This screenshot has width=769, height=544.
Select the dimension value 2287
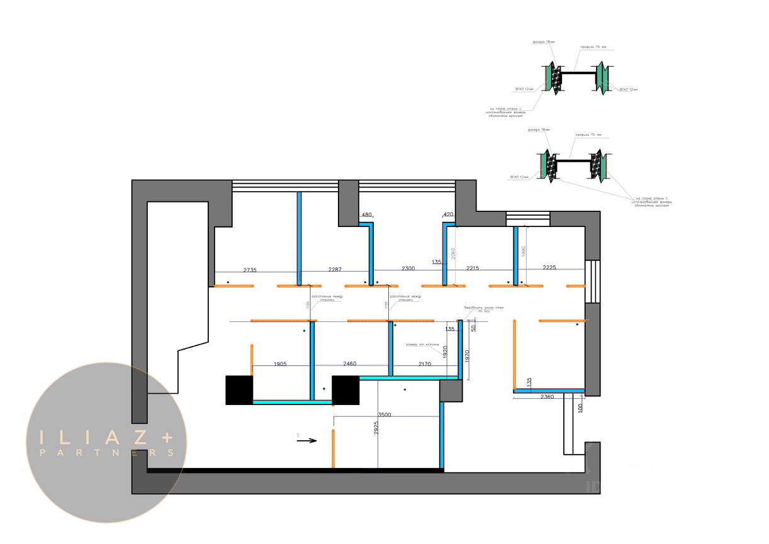click(x=335, y=269)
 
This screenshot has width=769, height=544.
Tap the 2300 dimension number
click(x=408, y=269)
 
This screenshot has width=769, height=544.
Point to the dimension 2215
click(x=473, y=269)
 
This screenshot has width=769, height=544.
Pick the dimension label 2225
click(x=549, y=268)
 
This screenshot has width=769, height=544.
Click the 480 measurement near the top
click(x=366, y=215)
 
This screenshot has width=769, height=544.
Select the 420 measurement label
click(x=448, y=215)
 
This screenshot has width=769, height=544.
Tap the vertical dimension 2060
click(x=452, y=254)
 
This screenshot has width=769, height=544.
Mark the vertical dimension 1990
click(x=523, y=251)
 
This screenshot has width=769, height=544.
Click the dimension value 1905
click(x=284, y=364)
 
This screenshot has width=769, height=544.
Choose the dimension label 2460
click(x=350, y=364)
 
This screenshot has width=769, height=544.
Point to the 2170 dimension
click(x=425, y=364)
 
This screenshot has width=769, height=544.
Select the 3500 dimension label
click(x=385, y=415)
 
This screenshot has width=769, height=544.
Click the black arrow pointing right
click(x=306, y=441)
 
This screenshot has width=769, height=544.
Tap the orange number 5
click(x=298, y=434)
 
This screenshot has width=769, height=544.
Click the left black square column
click(x=239, y=390)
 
